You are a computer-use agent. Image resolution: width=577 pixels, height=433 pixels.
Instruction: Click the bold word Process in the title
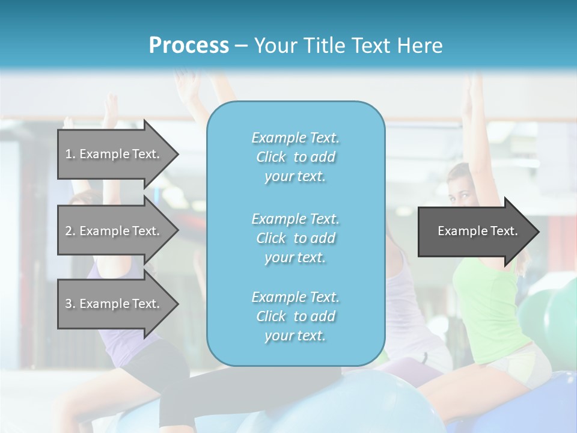click(x=189, y=45)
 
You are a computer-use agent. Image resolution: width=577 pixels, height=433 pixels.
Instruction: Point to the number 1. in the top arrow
click(x=70, y=154)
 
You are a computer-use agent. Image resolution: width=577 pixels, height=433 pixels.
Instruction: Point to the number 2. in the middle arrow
click(x=70, y=231)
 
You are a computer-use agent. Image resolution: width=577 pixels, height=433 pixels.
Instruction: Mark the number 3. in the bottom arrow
click(x=70, y=304)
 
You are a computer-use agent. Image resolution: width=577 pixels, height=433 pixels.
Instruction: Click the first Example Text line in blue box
click(x=295, y=138)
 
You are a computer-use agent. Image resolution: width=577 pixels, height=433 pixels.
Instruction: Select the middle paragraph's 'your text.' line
click(x=295, y=257)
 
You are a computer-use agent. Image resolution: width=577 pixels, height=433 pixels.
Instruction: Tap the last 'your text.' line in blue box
click(x=295, y=336)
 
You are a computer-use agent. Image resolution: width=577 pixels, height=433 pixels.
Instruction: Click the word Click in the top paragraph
click(x=270, y=157)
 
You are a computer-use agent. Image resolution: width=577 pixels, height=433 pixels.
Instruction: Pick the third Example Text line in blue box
click(x=295, y=297)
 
